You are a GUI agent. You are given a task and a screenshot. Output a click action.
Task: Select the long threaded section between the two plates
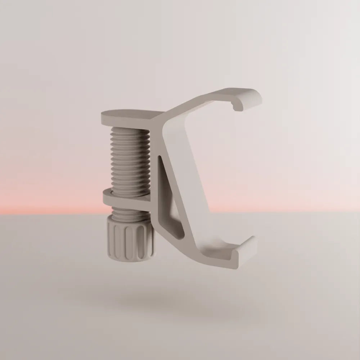(x=130, y=158)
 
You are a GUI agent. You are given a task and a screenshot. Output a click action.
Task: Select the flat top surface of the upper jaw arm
(x=230, y=94)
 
